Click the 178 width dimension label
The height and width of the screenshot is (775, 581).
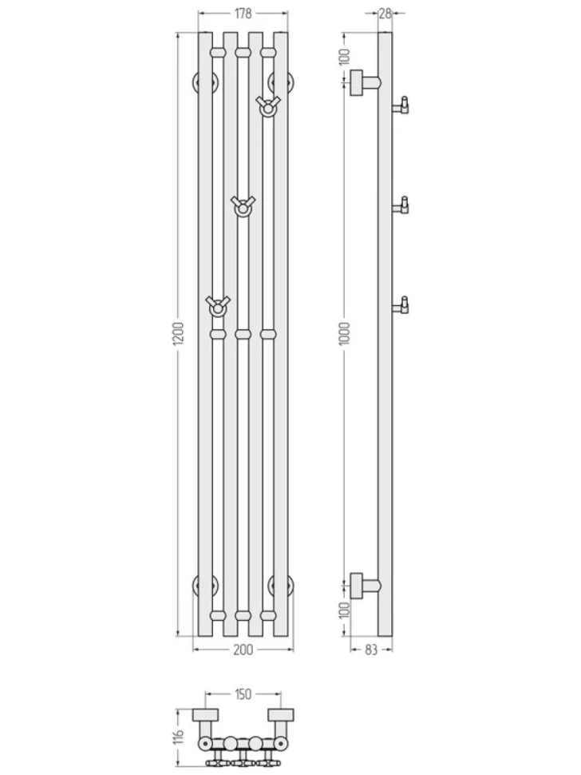(243, 14)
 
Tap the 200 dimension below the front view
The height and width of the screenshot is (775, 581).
(243, 649)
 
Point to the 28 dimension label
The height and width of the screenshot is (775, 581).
(385, 14)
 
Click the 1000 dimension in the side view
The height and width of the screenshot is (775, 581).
(345, 333)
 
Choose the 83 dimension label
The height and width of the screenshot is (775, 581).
(371, 650)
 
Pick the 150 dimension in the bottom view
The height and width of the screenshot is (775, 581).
(242, 694)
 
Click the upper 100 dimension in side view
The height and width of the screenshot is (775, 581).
(345, 58)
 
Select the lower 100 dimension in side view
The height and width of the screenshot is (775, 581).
(345, 610)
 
